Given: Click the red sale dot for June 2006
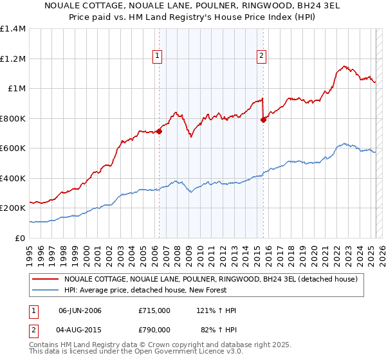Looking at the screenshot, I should (x=159, y=131).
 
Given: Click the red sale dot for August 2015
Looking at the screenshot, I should (x=263, y=120).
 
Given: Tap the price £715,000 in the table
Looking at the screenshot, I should (x=154, y=310).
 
